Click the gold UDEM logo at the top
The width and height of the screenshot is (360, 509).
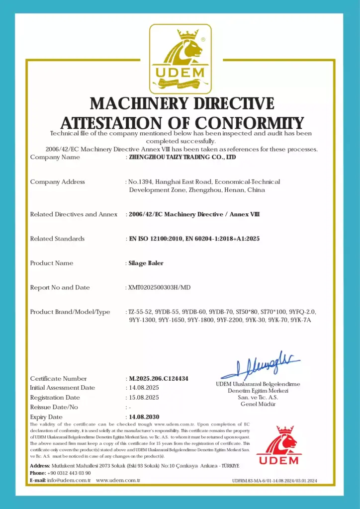pos(180,59)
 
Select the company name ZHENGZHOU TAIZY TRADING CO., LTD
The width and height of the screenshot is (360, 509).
pos(182,157)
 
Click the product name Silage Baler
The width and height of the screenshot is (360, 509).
pos(143,263)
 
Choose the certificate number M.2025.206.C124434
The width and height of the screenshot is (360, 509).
pos(159,378)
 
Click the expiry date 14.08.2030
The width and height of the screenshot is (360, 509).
pos(144,417)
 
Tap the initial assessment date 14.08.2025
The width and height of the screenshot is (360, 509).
pos(144,388)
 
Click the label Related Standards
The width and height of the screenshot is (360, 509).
pos(57,239)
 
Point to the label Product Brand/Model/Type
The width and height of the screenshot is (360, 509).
pos(70,312)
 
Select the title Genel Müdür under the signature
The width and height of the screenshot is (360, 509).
pos(258,404)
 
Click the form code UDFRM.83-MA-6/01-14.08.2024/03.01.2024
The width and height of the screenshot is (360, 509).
pos(274,481)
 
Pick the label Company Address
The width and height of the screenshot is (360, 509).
pos(57,182)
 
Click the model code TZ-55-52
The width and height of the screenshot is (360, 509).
pos(140,312)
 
